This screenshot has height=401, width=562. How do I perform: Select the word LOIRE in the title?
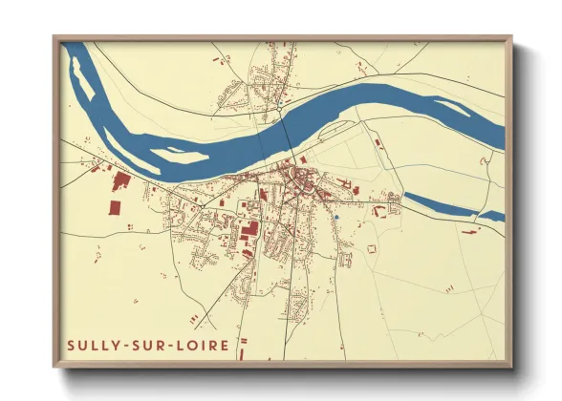pos(202,344)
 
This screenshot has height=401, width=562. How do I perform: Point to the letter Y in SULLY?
pos(119,344)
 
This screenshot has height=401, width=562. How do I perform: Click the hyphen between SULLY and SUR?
pos(130,344)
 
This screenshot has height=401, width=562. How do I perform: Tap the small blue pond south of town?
pos(336,217)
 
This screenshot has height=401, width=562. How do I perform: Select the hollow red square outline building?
pos(373,249)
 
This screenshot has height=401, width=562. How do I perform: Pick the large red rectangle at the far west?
pos(114,207)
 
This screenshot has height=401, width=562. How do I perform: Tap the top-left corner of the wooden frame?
pos(54,38)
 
